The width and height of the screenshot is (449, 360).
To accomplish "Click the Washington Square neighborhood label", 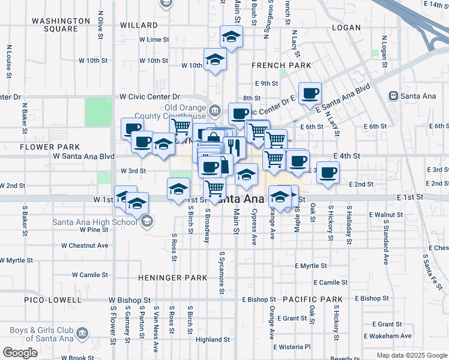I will (x=55, y=25).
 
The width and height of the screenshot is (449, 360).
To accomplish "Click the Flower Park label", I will (x=41, y=146).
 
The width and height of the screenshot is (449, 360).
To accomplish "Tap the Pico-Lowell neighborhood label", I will (x=53, y=299).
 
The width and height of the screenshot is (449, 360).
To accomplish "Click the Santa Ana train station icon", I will (x=394, y=95).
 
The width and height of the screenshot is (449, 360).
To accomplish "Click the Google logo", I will (x=20, y=353).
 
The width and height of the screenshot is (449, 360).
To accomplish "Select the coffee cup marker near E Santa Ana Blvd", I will (x=310, y=94).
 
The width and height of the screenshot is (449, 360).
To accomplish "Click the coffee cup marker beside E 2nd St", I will (x=328, y=173).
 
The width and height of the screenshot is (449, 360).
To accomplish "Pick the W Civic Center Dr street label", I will (x=149, y=96).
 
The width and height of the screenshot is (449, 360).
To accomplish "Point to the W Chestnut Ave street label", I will (x=85, y=245).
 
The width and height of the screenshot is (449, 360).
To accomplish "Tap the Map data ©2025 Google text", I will (x=412, y=355).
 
